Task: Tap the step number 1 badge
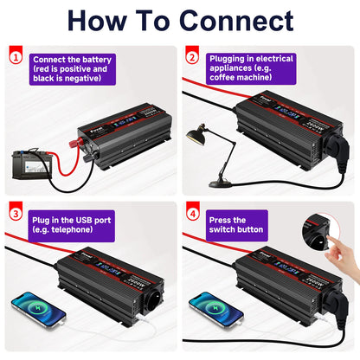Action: point(15,58)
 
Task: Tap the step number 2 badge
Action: point(193,58)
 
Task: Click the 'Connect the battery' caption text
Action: point(72,58)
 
